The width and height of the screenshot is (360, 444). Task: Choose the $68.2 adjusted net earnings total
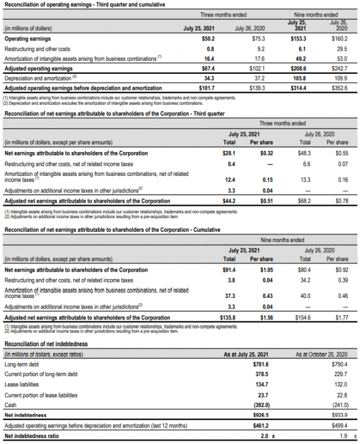click(304, 201)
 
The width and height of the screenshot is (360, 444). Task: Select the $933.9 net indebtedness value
click(339, 415)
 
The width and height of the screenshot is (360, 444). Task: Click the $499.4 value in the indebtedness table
click(339, 426)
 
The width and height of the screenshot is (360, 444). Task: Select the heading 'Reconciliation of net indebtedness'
click(45, 344)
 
